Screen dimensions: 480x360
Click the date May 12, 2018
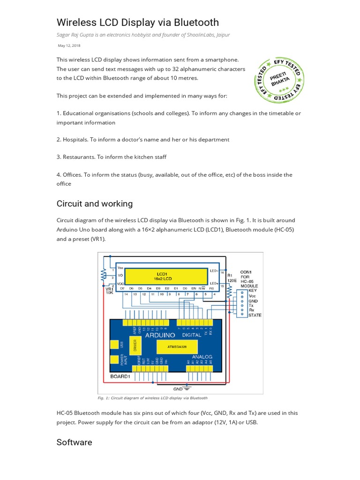68,45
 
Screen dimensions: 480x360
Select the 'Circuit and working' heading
94,203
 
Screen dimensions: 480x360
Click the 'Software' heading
74,442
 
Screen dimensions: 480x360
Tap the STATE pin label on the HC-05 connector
255,315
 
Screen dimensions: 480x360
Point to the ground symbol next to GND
187,389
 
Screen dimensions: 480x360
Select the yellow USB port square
114,345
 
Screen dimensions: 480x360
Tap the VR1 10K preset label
109,292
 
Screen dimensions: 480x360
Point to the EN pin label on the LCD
193,288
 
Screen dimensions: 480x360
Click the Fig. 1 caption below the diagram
152,398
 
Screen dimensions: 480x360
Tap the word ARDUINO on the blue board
160,335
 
